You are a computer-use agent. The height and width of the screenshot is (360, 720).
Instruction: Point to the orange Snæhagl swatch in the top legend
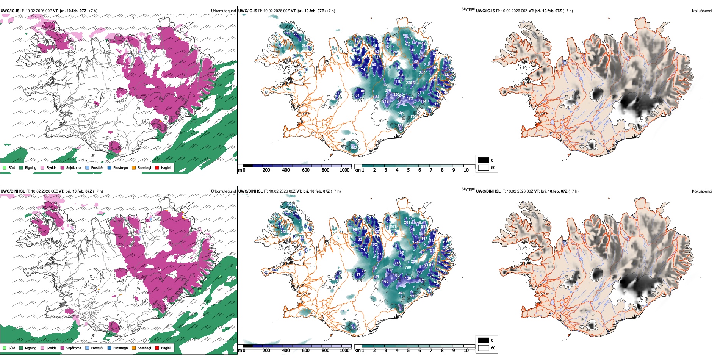point(134,167)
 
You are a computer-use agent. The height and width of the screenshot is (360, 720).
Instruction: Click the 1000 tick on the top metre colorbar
point(344,170)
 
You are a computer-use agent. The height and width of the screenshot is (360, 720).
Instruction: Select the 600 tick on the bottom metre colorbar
point(305,351)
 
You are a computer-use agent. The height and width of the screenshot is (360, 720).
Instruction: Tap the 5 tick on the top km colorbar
point(408,170)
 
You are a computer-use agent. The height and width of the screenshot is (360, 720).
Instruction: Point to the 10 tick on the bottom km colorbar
point(466,351)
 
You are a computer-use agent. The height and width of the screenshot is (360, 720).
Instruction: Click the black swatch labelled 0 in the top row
point(484,160)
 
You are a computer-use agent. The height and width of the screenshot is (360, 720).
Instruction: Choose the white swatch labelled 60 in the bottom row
point(484,348)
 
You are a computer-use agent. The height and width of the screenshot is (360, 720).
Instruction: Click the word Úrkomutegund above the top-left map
point(223,11)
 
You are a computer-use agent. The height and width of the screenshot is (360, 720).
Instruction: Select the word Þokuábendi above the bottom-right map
point(702,191)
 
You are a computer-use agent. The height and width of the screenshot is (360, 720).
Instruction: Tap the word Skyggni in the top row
point(468,9)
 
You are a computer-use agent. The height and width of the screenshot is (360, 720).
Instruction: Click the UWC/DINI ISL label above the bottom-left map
point(13,191)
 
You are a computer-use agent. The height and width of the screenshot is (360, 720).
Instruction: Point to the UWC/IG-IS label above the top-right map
point(485,11)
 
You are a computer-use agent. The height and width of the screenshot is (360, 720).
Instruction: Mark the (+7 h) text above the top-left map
point(92,11)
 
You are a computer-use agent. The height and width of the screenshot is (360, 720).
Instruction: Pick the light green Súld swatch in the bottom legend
point(5,348)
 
